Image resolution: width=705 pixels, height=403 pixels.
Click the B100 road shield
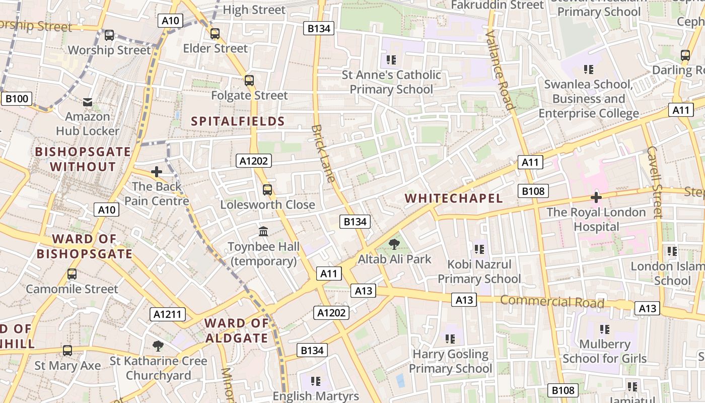17,98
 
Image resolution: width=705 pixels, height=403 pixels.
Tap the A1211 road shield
168,315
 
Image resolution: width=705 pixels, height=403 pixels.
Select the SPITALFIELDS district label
238,121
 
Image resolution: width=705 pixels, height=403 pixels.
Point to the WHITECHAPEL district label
454,198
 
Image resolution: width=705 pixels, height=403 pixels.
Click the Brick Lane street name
323,153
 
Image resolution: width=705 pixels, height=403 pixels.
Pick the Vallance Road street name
499,70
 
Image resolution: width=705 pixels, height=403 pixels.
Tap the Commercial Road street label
552,302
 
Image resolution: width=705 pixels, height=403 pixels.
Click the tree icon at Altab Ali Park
394,245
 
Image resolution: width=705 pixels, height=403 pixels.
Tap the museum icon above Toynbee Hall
263,232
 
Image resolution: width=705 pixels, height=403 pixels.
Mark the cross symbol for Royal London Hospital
596,197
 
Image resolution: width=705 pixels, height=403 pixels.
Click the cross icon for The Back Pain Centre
157,172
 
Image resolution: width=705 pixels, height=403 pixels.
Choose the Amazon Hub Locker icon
88,102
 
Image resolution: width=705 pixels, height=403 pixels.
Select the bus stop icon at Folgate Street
249,81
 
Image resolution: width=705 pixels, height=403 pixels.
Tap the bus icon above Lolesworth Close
267,190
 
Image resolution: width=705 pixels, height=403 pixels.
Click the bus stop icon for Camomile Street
72,275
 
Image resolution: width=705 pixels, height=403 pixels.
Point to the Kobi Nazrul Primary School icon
479,249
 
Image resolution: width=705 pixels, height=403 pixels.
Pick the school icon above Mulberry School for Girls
604,329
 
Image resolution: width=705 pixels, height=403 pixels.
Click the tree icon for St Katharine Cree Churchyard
158,346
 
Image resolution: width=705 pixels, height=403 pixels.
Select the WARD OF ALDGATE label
237,330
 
